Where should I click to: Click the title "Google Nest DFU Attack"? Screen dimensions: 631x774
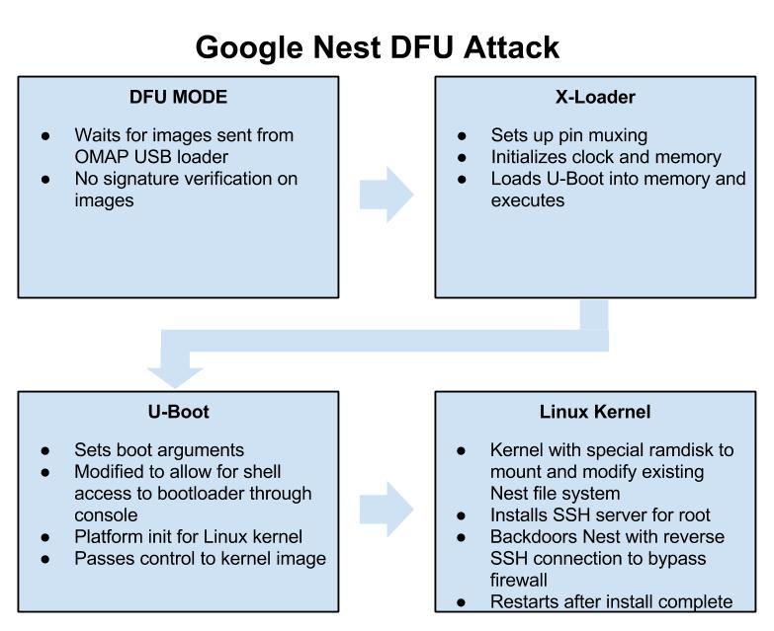[377, 46]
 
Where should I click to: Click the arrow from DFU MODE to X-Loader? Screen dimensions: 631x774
[387, 194]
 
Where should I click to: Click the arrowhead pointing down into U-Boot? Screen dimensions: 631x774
[175, 376]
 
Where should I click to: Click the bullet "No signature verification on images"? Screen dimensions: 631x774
[186, 189]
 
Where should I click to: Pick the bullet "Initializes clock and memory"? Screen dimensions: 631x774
[606, 156]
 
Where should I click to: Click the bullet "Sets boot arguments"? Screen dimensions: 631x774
[159, 449]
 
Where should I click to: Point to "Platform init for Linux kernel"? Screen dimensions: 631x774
[188, 536]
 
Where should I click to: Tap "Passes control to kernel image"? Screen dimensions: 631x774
[200, 558]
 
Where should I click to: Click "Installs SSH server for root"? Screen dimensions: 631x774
[600, 514]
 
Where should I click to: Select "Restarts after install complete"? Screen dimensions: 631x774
[611, 601]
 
